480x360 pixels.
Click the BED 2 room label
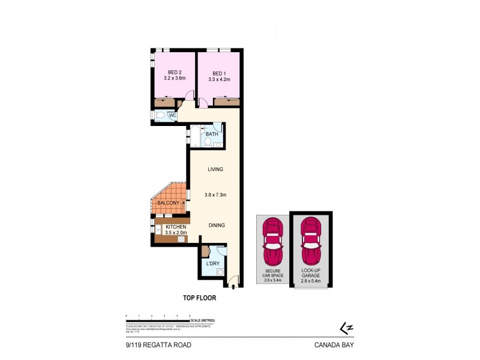point(172,73)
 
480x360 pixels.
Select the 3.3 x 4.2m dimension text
point(219,79)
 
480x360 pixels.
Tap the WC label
point(172,116)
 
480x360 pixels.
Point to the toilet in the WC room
point(160,116)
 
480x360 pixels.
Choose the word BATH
point(212,134)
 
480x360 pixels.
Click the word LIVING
point(215,169)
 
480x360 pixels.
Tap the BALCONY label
point(169,204)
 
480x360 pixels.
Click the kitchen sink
point(157,230)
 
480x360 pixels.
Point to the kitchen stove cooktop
point(180,239)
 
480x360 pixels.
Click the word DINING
point(217,226)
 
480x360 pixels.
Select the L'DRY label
point(212,264)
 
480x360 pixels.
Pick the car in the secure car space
point(273,241)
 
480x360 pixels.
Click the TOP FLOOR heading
point(199,297)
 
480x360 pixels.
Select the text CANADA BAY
point(334,345)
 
